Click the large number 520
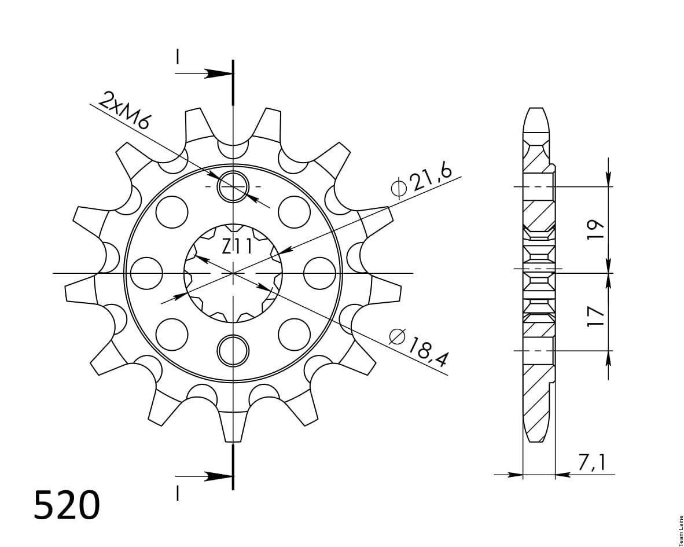pos(67,505)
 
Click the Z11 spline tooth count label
pos(237,247)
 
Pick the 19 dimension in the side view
pos(596,229)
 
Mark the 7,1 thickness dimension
pos(591,463)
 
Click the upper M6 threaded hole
pos(233,187)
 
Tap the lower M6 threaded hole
pos(233,351)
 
